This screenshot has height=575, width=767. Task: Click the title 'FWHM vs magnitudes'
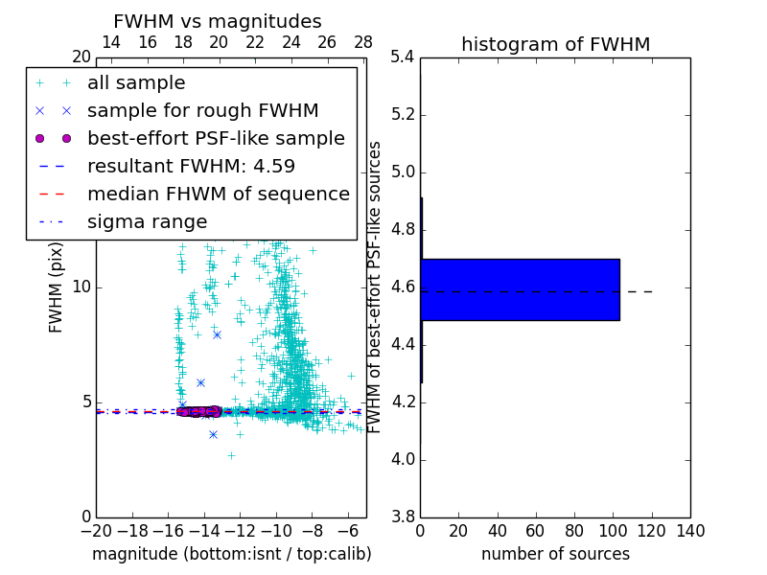coord(218,21)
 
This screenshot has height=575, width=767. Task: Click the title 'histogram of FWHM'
coord(555,44)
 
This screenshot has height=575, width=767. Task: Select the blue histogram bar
coord(520,289)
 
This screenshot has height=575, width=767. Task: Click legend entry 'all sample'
coord(136,83)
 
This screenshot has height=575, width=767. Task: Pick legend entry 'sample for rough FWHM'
coord(202,110)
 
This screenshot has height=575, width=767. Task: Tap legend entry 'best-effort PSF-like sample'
coord(216,138)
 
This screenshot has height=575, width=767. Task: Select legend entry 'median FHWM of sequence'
coord(218,194)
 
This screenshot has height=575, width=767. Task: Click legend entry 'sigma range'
coord(147,221)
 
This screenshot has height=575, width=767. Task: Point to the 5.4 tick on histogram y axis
coord(403,57)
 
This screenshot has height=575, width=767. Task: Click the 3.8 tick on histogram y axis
coord(403,517)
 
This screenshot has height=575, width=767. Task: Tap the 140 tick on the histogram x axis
coord(689,531)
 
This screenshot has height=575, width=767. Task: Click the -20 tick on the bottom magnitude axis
coord(96,531)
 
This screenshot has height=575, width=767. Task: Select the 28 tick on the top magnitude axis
coord(363,42)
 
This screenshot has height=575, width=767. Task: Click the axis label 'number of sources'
coord(555,554)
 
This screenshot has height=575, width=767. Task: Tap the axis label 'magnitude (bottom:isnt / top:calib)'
coord(231,554)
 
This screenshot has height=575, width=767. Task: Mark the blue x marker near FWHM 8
coord(217,334)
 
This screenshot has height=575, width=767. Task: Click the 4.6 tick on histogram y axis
coord(403,287)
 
